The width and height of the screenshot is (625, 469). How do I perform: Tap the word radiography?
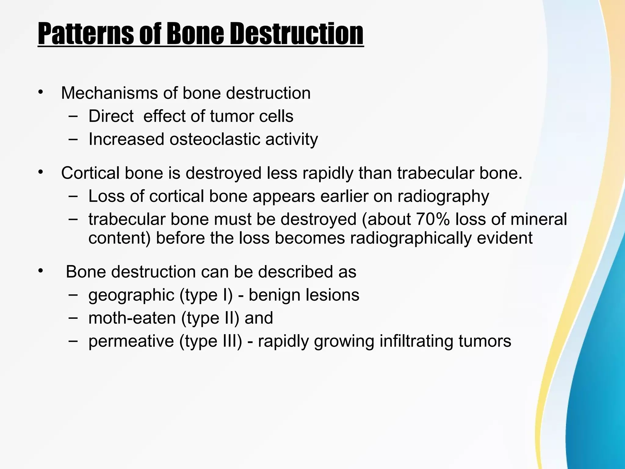443,196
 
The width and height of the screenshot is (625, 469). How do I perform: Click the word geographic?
131,295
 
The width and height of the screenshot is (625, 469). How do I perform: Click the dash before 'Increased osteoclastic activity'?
73,139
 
